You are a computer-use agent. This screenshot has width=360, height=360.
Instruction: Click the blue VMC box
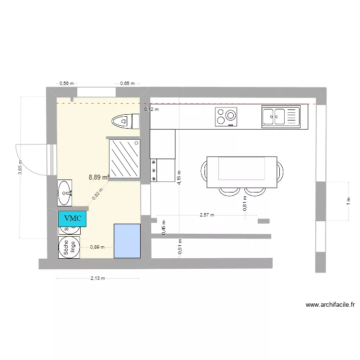tap(73, 218)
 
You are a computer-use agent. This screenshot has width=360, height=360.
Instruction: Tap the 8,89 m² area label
tap(99, 177)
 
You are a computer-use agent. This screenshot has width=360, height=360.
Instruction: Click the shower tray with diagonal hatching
tap(125, 158)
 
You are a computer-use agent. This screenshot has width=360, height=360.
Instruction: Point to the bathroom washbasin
tap(65, 193)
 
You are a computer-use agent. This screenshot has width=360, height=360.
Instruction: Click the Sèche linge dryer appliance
tap(69, 248)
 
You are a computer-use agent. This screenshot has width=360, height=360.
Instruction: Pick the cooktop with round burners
tap(226, 117)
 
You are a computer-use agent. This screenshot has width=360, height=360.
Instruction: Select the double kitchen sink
tap(280, 117)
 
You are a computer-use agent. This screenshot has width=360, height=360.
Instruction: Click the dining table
tap(242, 172)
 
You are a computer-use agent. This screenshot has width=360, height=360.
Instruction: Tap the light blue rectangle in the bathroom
tap(127, 240)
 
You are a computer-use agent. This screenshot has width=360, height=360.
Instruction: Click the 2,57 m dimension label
tap(206, 215)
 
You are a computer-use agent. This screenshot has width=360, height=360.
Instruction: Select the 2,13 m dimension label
tap(97, 278)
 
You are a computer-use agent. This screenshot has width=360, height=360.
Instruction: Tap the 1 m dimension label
tap(348, 201)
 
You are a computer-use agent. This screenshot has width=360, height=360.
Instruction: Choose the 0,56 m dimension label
tap(67, 83)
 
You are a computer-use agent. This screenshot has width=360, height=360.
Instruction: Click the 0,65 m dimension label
tap(127, 83)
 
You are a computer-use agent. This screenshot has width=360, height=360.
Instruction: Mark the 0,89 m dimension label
tap(97, 248)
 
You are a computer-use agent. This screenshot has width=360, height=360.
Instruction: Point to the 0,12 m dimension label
tap(152, 109)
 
